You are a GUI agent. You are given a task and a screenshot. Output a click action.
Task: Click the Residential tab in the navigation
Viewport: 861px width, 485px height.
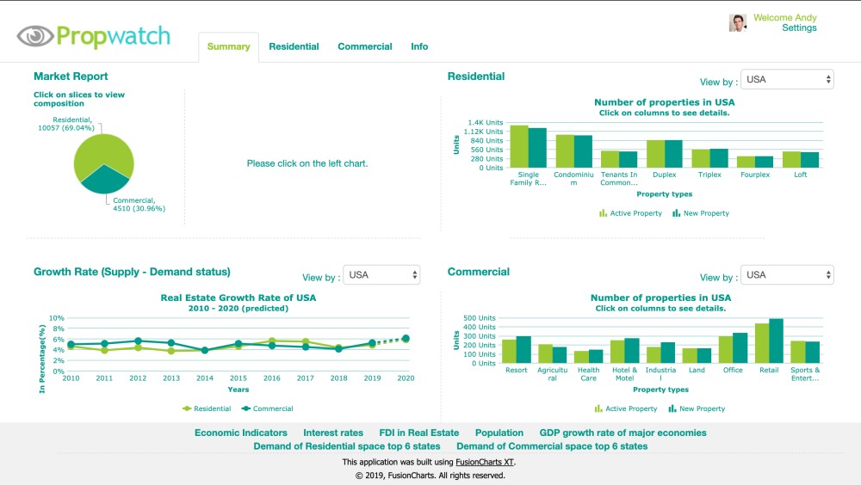click(x=294, y=46)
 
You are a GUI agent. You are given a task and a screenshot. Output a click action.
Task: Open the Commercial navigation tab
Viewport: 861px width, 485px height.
click(x=364, y=46)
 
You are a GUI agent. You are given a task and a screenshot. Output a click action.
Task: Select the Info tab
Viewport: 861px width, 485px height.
click(x=419, y=46)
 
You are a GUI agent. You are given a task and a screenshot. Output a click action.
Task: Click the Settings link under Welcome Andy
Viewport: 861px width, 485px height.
click(x=799, y=28)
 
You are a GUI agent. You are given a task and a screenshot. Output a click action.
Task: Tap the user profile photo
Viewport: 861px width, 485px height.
click(x=737, y=22)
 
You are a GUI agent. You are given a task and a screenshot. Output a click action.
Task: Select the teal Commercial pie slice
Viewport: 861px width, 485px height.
click(x=105, y=179)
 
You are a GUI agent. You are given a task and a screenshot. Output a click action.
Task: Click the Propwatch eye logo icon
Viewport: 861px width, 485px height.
click(x=34, y=36)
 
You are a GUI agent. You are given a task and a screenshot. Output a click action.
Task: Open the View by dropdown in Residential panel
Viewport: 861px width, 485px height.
click(x=787, y=80)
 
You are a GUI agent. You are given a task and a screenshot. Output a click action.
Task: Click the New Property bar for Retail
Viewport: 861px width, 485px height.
click(x=777, y=341)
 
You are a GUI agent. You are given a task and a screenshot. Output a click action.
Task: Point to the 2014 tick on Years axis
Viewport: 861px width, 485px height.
click(x=204, y=378)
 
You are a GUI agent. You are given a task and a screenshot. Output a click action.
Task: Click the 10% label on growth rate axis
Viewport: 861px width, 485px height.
click(x=57, y=318)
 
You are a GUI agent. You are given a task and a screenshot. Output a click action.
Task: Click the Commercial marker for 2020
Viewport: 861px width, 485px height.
click(x=406, y=339)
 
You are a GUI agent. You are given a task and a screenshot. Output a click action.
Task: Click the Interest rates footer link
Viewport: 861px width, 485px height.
click(x=333, y=433)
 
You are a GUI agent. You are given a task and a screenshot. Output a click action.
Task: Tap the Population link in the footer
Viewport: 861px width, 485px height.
click(x=499, y=433)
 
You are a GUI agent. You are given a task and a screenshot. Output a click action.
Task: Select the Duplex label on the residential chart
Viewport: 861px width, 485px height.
click(x=664, y=175)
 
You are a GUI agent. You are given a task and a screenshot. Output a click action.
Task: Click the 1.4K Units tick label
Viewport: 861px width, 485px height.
click(x=485, y=123)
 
